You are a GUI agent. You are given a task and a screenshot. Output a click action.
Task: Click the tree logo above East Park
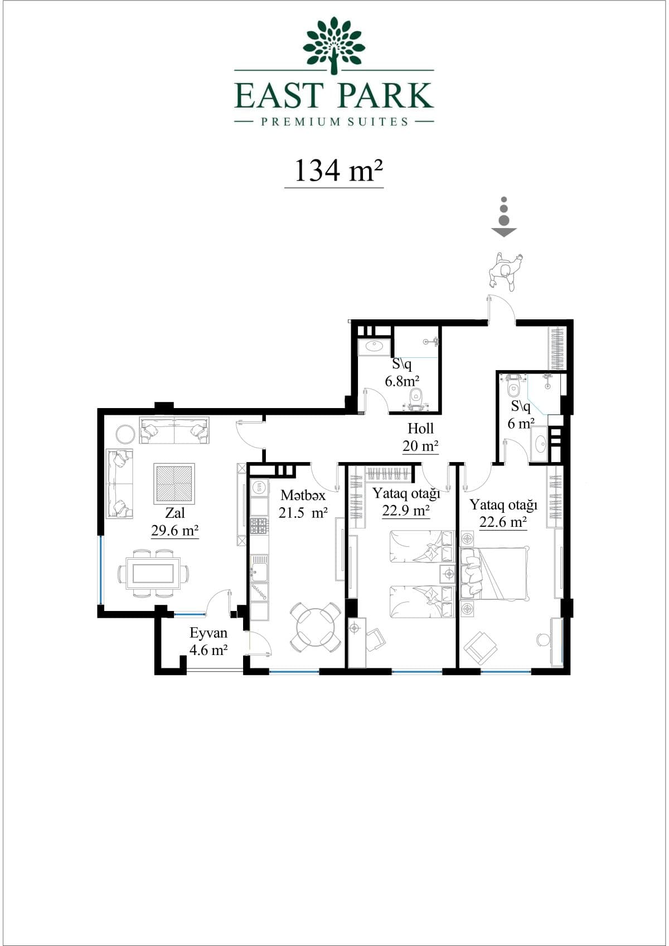click(334, 43)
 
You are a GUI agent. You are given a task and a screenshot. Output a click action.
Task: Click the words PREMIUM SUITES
click(334, 122)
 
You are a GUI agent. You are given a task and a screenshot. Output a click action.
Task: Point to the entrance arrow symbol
click(503, 217)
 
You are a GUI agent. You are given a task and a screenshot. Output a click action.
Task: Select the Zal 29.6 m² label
click(175, 522)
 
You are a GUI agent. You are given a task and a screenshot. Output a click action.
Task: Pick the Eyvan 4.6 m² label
click(208, 641)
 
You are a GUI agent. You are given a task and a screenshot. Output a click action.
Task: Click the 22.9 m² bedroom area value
click(406, 511)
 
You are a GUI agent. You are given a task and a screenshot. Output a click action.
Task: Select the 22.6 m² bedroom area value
click(503, 522)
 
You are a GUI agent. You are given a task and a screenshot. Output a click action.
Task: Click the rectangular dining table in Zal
click(154, 573)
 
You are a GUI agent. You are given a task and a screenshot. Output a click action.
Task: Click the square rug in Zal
click(174, 484)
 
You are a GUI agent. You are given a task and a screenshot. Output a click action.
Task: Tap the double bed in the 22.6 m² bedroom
click(494, 573)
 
